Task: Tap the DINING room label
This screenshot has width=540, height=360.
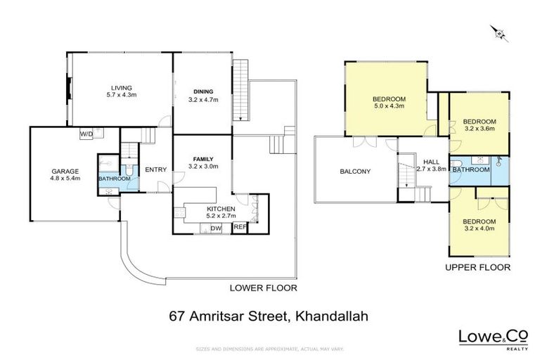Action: (x=204, y=91)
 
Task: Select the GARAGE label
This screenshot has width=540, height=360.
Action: (x=64, y=171)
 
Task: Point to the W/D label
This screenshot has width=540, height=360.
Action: (x=86, y=134)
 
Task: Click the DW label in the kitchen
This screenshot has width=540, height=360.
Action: (x=216, y=228)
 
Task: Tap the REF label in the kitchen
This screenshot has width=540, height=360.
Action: (x=239, y=227)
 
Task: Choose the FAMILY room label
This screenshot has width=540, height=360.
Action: (x=202, y=159)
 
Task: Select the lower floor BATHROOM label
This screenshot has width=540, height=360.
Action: (x=114, y=179)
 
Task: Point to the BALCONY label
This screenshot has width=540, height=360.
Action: (x=356, y=171)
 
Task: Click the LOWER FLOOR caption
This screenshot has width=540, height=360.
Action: (x=264, y=288)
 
